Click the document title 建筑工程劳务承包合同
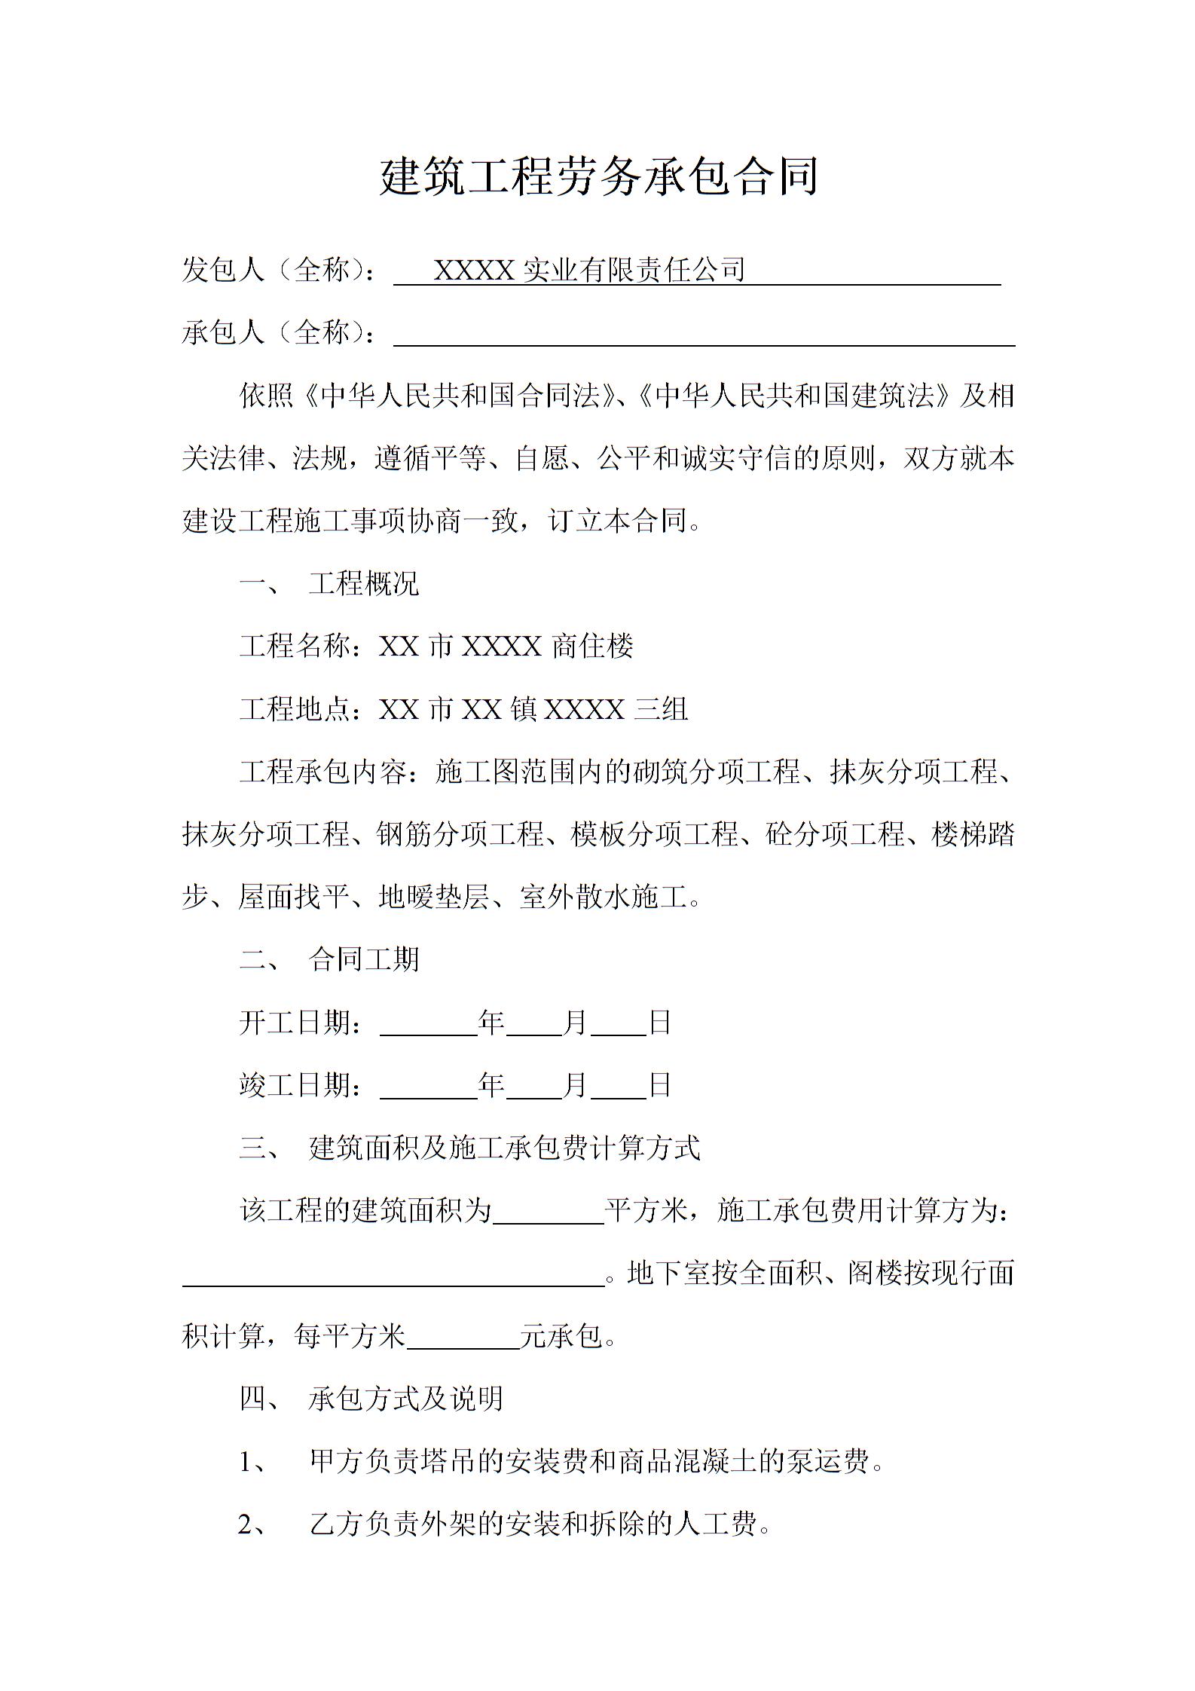click(x=598, y=177)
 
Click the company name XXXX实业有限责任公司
click(x=589, y=270)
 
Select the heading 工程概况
click(x=363, y=584)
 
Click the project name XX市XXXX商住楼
click(x=506, y=647)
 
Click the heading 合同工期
click(x=363, y=960)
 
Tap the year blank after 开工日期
click(x=428, y=1024)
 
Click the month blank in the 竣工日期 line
click(x=534, y=1087)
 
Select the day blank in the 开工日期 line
click(x=618, y=1024)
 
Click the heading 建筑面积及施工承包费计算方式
click(x=504, y=1148)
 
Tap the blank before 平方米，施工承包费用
click(x=549, y=1212)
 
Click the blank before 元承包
click(x=463, y=1337)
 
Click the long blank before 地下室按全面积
click(x=393, y=1274)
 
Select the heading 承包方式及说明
click(x=405, y=1399)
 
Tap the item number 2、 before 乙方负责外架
click(x=252, y=1525)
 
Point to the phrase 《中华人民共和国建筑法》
click(x=794, y=396)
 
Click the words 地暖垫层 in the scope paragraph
click(x=434, y=897)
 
